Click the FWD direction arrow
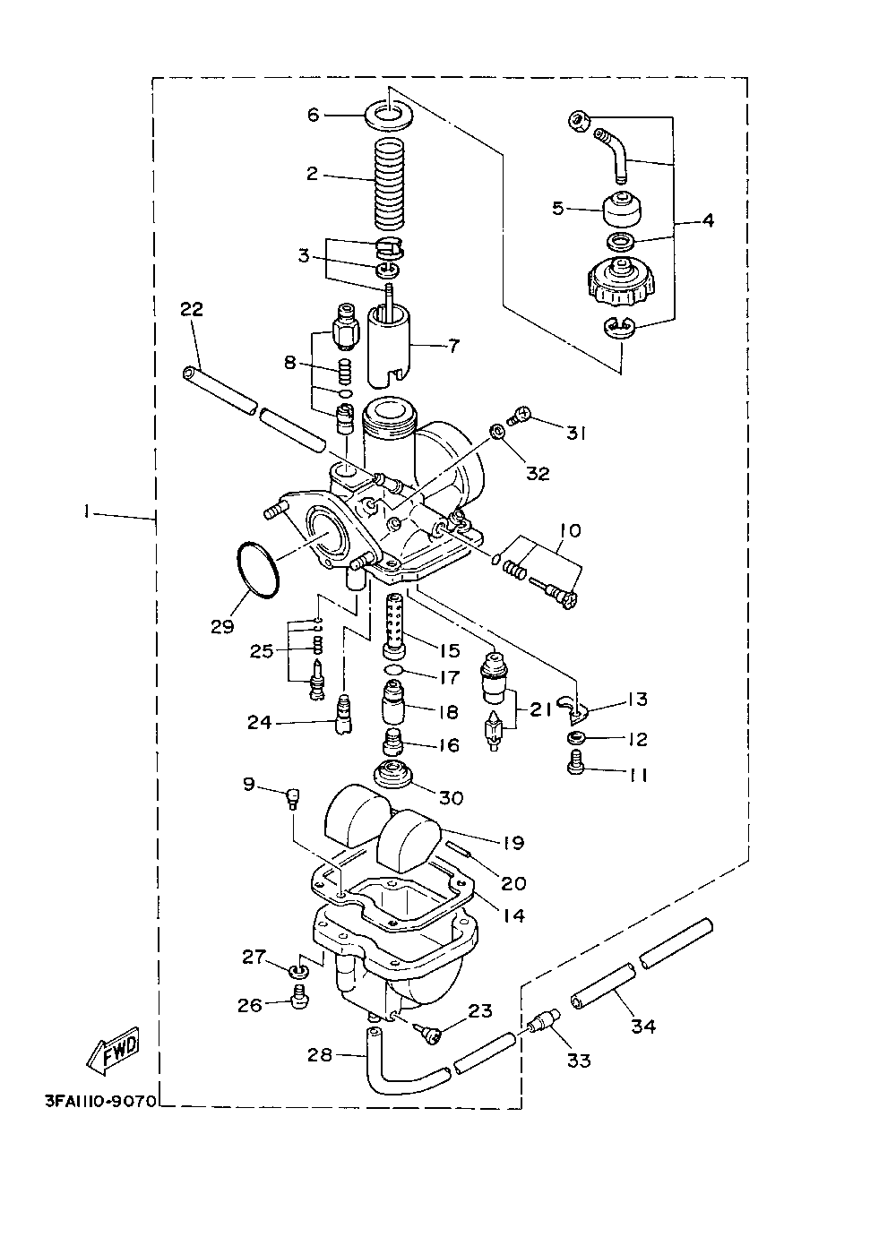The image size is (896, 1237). click(x=113, y=1051)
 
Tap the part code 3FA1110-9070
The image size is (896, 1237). click(x=99, y=1099)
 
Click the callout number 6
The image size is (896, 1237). click(x=313, y=115)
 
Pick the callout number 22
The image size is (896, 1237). click(x=192, y=310)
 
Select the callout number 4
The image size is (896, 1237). click(x=707, y=219)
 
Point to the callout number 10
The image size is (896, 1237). click(x=570, y=531)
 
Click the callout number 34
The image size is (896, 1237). click(x=643, y=1027)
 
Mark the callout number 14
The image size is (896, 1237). click(x=513, y=916)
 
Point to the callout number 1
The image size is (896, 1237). click(x=87, y=512)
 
